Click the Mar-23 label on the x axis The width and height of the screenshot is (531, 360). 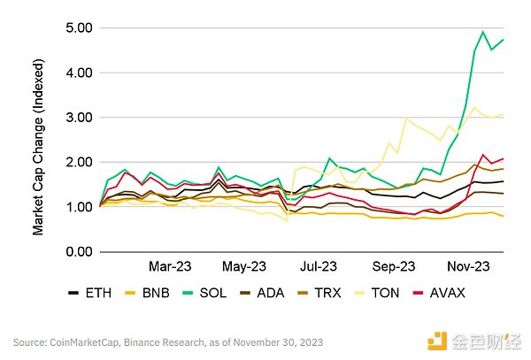point(169,266)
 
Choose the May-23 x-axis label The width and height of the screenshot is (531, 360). point(244,266)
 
